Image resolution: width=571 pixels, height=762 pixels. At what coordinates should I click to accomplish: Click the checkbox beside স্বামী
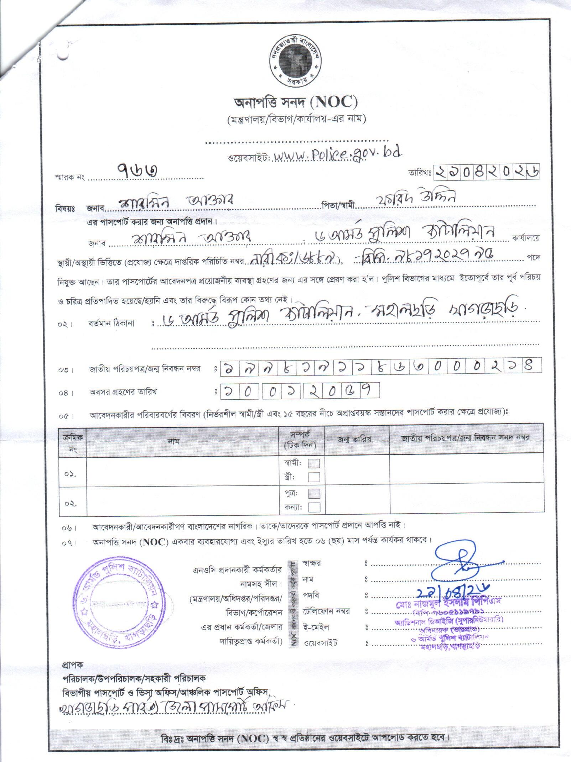click(x=313, y=463)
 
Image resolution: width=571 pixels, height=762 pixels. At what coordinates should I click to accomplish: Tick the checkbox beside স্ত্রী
click(x=313, y=477)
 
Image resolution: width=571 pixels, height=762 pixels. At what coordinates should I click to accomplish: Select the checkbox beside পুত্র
click(x=313, y=493)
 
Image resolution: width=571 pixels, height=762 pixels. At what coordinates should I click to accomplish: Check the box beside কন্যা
click(x=313, y=507)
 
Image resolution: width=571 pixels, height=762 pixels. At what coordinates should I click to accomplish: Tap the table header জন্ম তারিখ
click(x=354, y=438)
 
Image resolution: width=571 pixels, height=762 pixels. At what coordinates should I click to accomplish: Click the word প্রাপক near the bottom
click(x=72, y=664)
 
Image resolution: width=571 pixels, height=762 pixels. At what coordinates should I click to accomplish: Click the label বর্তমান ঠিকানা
click(x=111, y=324)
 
